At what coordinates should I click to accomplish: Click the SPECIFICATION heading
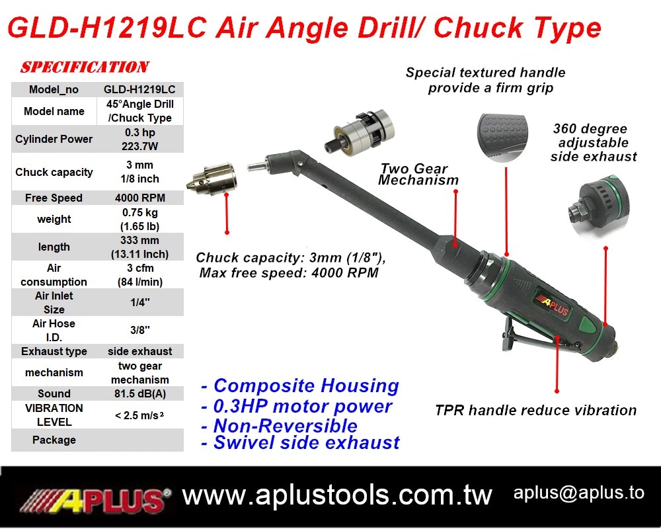(x=85, y=67)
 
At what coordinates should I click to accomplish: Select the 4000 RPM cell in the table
(x=140, y=198)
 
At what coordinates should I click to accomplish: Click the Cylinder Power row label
(x=54, y=139)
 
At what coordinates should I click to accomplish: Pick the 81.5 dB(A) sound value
(x=140, y=393)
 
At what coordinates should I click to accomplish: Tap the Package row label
(x=54, y=440)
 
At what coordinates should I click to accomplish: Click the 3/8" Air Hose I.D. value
(x=140, y=330)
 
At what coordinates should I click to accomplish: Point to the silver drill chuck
(x=212, y=179)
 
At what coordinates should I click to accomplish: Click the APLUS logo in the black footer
(x=95, y=501)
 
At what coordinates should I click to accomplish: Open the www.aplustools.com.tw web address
(x=337, y=495)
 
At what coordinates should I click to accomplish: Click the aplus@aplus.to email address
(x=579, y=493)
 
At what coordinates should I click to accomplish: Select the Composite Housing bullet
(x=299, y=386)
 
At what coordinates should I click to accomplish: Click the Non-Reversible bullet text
(x=279, y=426)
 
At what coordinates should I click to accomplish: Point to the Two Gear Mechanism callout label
(x=418, y=174)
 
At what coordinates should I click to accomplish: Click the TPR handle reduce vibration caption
(x=535, y=410)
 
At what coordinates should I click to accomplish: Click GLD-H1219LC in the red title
(x=107, y=28)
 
